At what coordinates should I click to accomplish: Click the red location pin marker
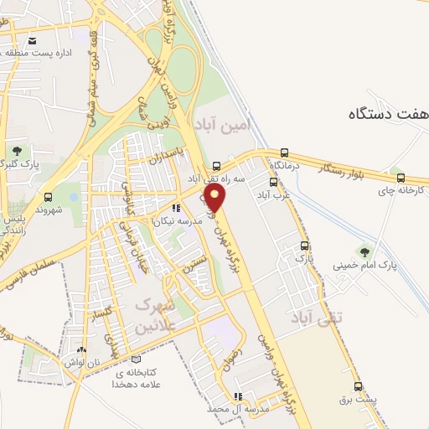point(216,198)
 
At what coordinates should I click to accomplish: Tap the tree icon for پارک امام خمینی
point(364,251)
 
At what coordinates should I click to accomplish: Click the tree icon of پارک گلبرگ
point(16,151)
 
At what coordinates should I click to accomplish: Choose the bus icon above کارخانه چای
point(401,178)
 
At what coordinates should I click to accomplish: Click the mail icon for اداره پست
point(33,40)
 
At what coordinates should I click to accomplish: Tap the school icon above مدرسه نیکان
point(176,208)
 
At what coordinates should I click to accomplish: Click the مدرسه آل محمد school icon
point(239,395)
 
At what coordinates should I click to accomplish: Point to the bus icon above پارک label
point(304,246)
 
